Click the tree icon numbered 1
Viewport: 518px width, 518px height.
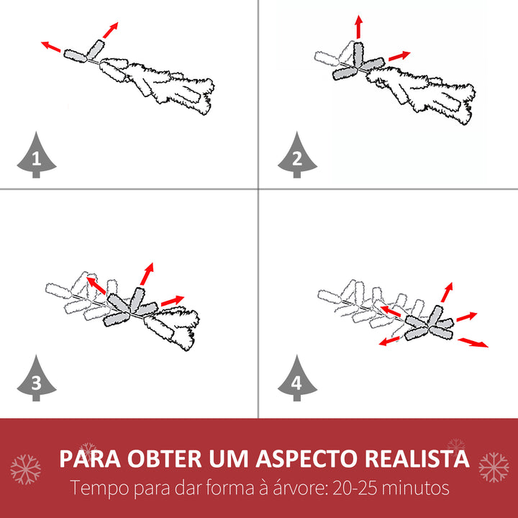tap(37, 156)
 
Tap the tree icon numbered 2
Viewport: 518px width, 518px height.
tap(297, 156)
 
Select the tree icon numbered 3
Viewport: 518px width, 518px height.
tap(37, 379)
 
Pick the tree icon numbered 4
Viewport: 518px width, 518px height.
tap(297, 379)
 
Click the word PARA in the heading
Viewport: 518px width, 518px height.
tap(90, 458)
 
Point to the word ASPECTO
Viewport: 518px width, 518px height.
tap(306, 458)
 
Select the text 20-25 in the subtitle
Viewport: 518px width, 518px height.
tap(355, 488)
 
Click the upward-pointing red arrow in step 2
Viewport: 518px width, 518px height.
tap(359, 27)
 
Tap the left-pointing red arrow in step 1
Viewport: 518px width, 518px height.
tap(51, 47)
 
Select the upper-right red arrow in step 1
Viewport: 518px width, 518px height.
tap(110, 30)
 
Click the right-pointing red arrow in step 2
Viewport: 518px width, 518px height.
tap(399, 56)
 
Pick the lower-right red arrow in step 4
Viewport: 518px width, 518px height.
tap(473, 342)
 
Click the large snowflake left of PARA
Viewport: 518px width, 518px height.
tap(25, 469)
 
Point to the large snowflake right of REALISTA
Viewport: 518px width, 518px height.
tap(494, 467)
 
